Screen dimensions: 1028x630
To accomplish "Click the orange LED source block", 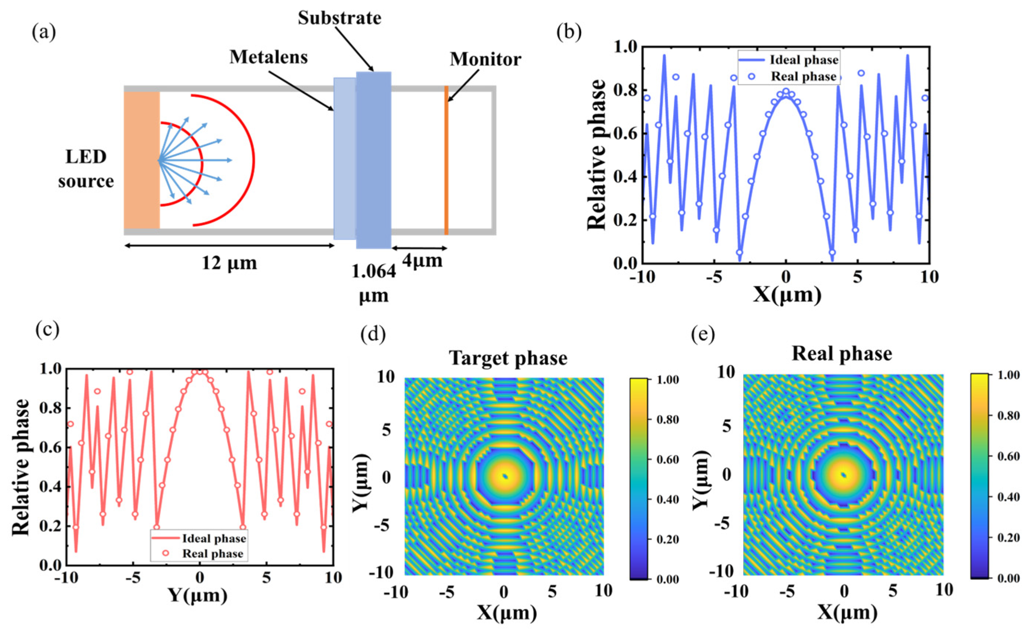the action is point(141,160).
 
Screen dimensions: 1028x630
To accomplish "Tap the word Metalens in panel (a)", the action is point(268,57).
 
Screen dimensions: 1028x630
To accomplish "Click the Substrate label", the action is point(339,18).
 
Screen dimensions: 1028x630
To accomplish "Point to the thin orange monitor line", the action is point(446,161).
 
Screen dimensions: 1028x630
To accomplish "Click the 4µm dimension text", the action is point(422,261).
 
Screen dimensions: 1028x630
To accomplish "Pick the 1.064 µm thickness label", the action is point(373,284).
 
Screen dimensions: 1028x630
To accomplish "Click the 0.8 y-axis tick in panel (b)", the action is point(626,91).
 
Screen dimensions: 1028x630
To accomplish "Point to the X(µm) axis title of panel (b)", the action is point(787,295).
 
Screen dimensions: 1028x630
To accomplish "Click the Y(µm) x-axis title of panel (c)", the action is point(198,595).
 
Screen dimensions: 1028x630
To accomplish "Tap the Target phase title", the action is point(508,358).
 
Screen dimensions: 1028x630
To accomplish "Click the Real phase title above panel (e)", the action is point(842,353).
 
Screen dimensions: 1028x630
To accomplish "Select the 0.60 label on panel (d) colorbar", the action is point(668,459).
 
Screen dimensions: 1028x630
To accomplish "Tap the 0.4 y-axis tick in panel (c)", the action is point(49,487).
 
